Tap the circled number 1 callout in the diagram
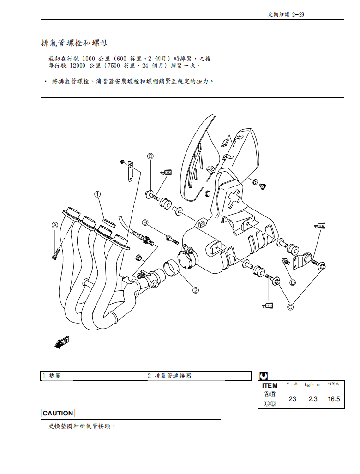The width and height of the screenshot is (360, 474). [98, 194]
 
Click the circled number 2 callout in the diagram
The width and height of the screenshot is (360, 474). [196, 290]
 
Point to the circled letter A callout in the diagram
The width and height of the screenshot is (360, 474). [55, 225]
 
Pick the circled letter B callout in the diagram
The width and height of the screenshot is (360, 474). [145, 222]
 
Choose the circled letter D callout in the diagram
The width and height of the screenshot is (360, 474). [292, 282]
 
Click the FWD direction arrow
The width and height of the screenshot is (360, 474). [62, 342]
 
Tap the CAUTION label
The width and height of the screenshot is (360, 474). [58, 413]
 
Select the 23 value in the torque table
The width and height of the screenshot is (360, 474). [292, 399]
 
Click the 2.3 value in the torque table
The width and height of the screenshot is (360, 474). [313, 399]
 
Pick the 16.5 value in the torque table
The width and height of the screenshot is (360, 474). [334, 399]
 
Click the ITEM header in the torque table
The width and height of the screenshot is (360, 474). [270, 385]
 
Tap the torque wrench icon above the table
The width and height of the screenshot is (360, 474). [264, 376]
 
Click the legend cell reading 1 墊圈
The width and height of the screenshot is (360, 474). [52, 376]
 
